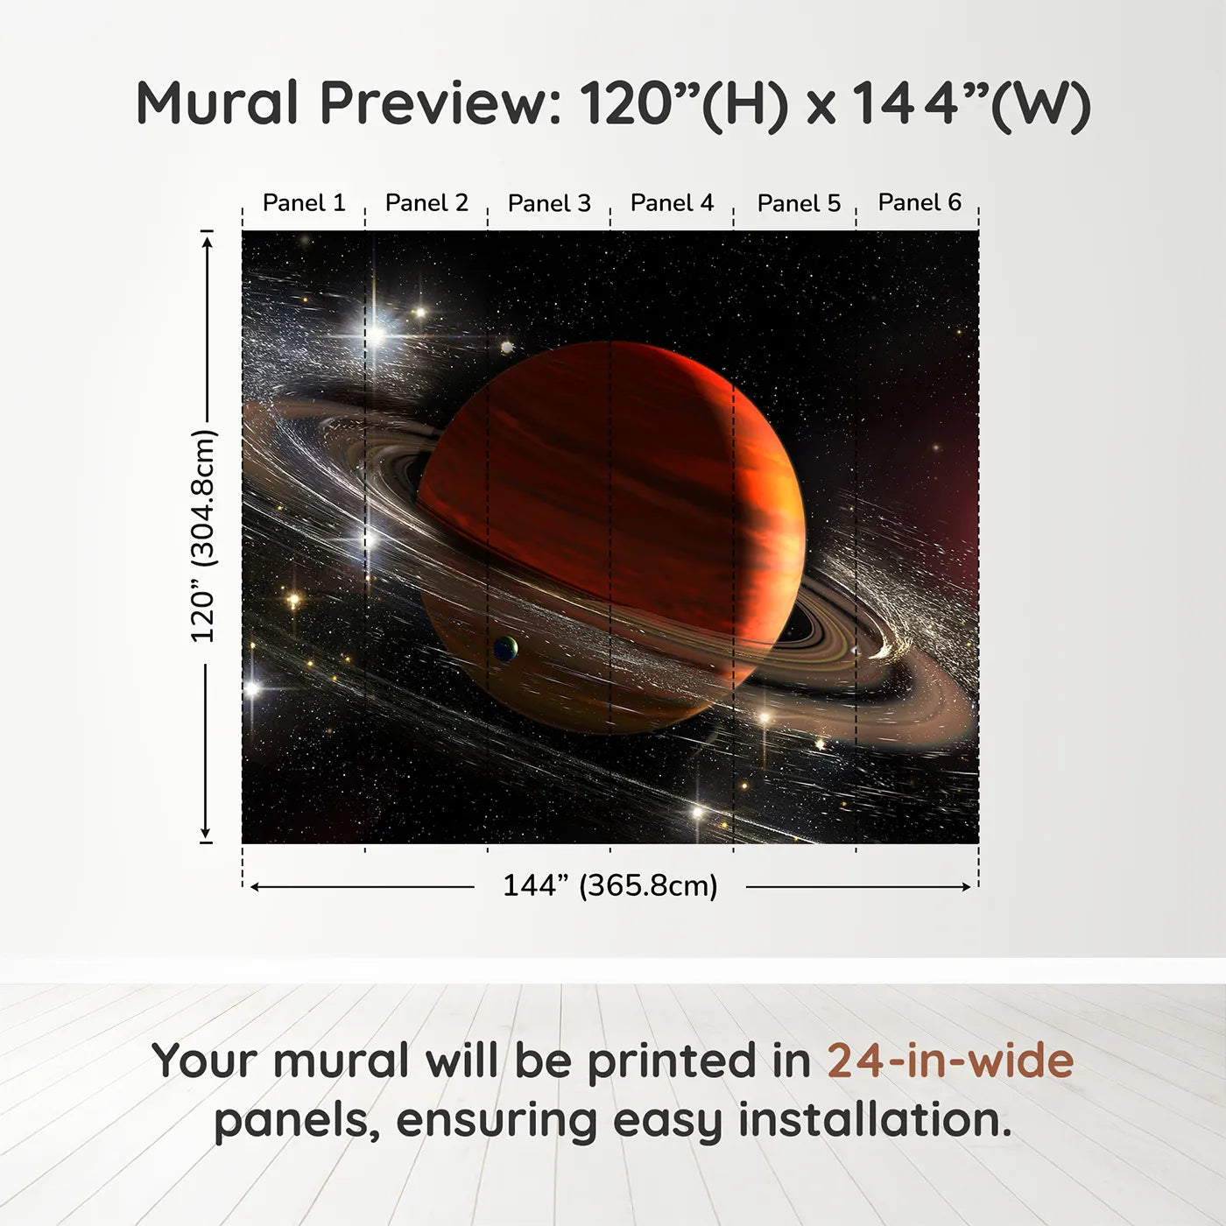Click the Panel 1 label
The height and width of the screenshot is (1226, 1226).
tap(304, 203)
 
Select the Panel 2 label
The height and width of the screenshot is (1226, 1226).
tap(426, 203)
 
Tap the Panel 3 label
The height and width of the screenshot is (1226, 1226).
tap(549, 203)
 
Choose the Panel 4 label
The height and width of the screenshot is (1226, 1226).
tap(672, 203)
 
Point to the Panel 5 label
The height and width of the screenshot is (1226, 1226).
tap(798, 203)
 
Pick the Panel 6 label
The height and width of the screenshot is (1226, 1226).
tap(919, 202)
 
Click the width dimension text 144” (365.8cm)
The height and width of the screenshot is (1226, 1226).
tap(609, 885)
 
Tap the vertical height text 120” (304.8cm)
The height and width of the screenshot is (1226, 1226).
tap(203, 536)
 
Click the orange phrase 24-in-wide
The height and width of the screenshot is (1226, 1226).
tap(950, 1060)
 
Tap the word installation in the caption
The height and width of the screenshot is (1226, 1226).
tap(874, 1120)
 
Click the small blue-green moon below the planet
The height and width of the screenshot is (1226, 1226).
tap(505, 649)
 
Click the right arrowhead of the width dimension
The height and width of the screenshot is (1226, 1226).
tap(967, 887)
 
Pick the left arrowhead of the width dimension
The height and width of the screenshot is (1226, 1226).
tap(255, 887)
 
